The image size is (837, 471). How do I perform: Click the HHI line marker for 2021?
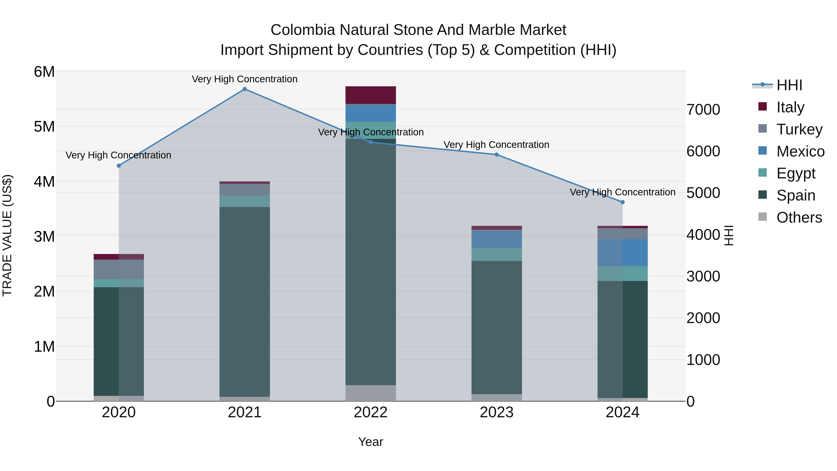[x=245, y=89]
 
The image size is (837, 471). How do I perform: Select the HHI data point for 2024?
[x=623, y=202]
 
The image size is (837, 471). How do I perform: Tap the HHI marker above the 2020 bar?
[x=119, y=166]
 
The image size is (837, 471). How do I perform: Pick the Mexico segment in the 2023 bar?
[x=496, y=239]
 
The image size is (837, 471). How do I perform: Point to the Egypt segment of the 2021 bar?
[x=245, y=201]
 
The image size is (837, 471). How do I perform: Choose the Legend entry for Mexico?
[x=800, y=151]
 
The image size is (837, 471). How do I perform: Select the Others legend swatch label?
[x=799, y=218]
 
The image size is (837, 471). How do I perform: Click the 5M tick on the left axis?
[x=44, y=127]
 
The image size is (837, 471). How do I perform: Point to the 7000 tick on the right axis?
[x=703, y=110]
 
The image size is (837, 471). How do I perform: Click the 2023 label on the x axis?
[x=496, y=412]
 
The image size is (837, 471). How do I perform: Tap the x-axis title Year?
[x=370, y=442]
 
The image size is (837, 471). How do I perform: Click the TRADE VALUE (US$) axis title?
[x=7, y=235]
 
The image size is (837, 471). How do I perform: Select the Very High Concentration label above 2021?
[x=245, y=79]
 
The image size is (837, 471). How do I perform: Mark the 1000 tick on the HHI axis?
[x=703, y=360]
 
